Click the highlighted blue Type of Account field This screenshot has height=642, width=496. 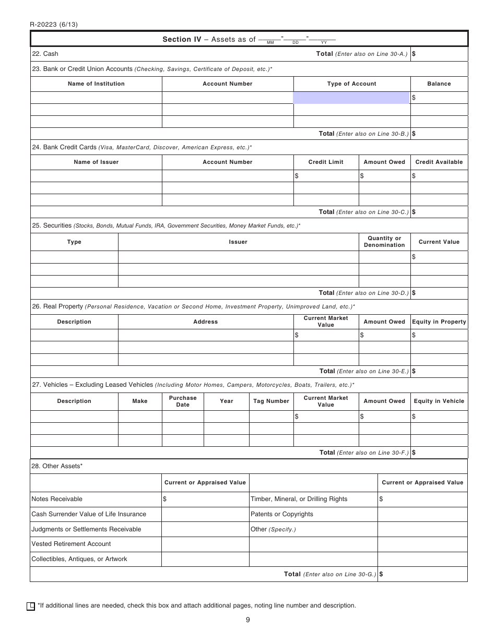(x=351, y=98)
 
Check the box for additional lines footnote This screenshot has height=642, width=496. (x=31, y=606)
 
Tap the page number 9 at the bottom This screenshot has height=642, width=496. (x=247, y=620)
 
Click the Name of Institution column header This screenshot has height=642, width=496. (x=96, y=84)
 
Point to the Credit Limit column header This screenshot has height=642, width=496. (x=326, y=162)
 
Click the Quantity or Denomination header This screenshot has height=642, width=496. (x=384, y=242)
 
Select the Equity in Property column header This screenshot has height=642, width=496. (x=439, y=322)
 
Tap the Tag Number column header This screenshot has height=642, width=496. (x=271, y=401)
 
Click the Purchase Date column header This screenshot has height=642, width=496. (x=183, y=401)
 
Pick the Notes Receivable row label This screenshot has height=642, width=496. (x=57, y=499)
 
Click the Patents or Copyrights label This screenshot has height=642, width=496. (x=282, y=514)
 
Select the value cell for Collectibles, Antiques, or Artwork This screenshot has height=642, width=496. (x=205, y=559)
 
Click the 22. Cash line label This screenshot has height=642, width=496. (x=45, y=54)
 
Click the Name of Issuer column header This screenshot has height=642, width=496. (x=96, y=162)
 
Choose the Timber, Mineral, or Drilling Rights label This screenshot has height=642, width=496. (x=299, y=499)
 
